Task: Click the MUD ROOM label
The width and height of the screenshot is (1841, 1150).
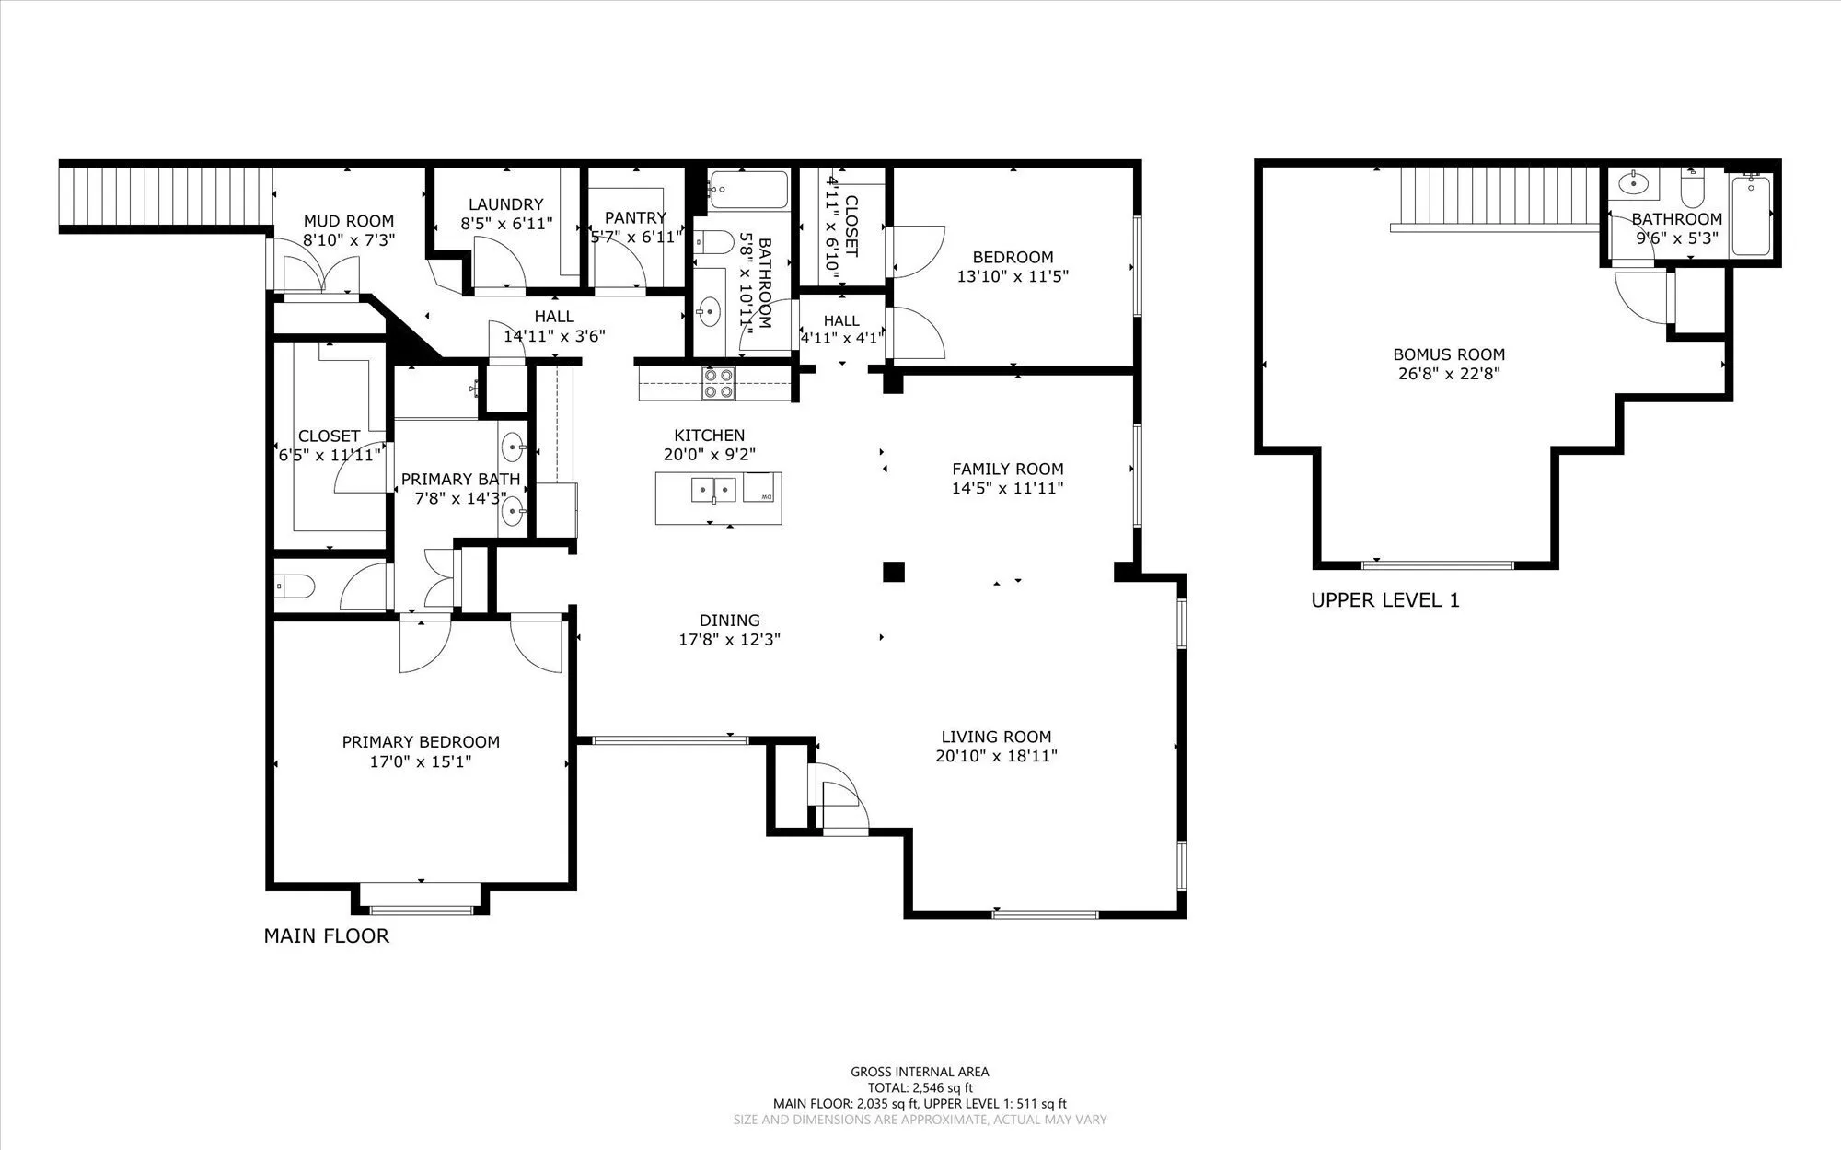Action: click(x=349, y=221)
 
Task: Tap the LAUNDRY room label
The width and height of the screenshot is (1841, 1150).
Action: click(x=505, y=204)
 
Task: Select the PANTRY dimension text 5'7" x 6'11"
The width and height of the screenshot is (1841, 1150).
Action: click(x=635, y=238)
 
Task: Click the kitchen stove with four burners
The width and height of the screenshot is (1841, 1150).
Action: click(x=718, y=383)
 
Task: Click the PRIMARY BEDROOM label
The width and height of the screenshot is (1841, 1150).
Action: click(x=421, y=742)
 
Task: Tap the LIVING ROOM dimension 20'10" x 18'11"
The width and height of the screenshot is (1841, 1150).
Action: click(x=996, y=757)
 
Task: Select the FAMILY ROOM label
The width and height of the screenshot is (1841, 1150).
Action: click(x=1008, y=469)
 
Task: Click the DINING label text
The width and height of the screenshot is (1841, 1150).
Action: click(x=730, y=621)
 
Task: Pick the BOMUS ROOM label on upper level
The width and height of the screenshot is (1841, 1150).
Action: click(x=1449, y=354)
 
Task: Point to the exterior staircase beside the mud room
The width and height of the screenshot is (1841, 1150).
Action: click(x=167, y=194)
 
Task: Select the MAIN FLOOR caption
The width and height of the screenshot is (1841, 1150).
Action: click(x=327, y=936)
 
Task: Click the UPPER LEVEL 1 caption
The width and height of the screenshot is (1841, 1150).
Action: click(x=1385, y=601)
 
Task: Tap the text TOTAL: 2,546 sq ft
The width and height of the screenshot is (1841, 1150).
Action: click(x=920, y=1088)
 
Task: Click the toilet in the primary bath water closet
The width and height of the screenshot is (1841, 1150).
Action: click(x=295, y=586)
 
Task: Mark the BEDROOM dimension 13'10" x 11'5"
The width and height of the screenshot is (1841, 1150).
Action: click(x=1013, y=276)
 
